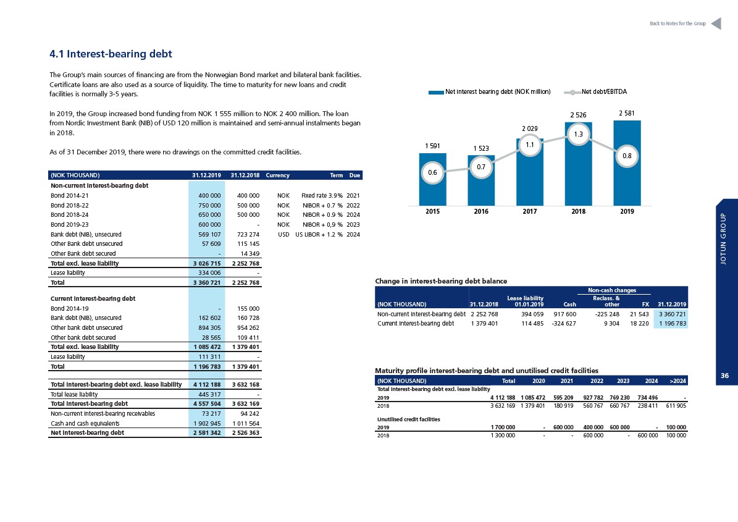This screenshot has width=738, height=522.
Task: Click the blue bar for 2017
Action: tap(530, 172)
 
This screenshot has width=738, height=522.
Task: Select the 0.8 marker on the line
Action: tap(627, 156)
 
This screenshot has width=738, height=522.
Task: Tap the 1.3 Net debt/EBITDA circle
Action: tap(579, 134)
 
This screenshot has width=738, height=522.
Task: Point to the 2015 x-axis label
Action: tap(432, 211)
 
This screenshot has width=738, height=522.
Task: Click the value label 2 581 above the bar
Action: tap(626, 113)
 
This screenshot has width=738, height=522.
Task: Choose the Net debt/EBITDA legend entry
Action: tap(596, 92)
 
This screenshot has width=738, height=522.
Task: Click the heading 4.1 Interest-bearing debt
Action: tap(111, 54)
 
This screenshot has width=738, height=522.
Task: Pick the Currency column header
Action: tap(277, 175)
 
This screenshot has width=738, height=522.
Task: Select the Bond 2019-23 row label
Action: tap(70, 224)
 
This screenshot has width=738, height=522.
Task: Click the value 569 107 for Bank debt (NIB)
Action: tap(209, 234)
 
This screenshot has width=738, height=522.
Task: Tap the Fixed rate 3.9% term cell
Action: tap(322, 195)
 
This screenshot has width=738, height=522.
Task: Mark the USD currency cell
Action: tap(283, 234)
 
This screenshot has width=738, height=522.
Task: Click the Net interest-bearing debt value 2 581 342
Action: tap(207, 432)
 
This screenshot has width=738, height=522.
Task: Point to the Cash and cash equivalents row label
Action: tap(85, 423)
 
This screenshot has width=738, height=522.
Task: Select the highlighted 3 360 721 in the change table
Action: tap(672, 314)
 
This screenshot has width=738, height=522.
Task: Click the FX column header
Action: tap(645, 305)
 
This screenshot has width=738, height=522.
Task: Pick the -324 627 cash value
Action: tap(564, 323)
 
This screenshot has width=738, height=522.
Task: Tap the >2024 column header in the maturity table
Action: tap(677, 381)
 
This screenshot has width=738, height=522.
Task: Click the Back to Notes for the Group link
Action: tap(677, 23)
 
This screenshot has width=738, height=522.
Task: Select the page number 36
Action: tap(725, 376)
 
